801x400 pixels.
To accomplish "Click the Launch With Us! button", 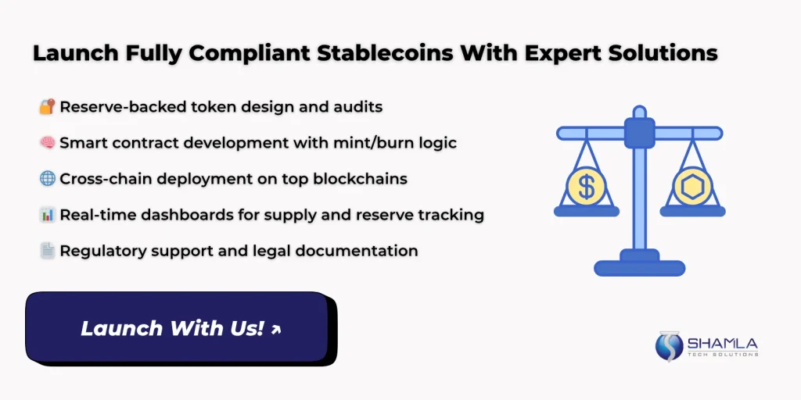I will (x=181, y=328).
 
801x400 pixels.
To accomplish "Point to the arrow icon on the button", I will (x=275, y=330).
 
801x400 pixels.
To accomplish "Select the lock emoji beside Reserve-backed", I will (x=46, y=106).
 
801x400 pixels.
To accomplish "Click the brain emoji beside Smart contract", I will (x=46, y=142).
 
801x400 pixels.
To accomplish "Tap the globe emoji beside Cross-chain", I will (x=46, y=178).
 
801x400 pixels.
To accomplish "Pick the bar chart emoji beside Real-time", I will (x=46, y=215).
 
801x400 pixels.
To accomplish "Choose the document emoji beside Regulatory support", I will (x=46, y=251).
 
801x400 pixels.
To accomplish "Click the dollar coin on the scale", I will (x=586, y=187).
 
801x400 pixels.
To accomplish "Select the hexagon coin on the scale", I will (x=692, y=187).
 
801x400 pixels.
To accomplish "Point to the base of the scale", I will (x=639, y=266).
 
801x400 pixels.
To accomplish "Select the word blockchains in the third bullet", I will (x=360, y=178).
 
